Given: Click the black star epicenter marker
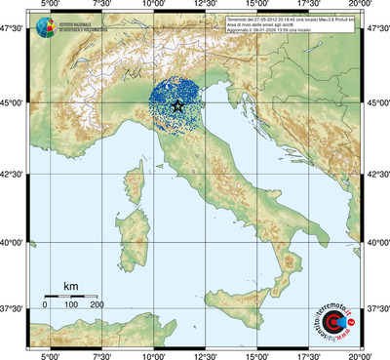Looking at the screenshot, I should [x=176, y=105].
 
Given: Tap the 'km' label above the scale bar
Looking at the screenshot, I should [x=70, y=286].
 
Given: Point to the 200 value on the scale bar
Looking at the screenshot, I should [x=97, y=305].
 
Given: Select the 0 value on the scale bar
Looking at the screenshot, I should [x=45, y=305].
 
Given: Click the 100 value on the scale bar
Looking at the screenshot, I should [x=71, y=305].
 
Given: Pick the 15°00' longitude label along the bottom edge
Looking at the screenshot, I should [x=256, y=354].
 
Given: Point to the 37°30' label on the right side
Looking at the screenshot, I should [x=376, y=307].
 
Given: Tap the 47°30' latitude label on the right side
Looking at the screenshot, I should [x=376, y=28].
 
